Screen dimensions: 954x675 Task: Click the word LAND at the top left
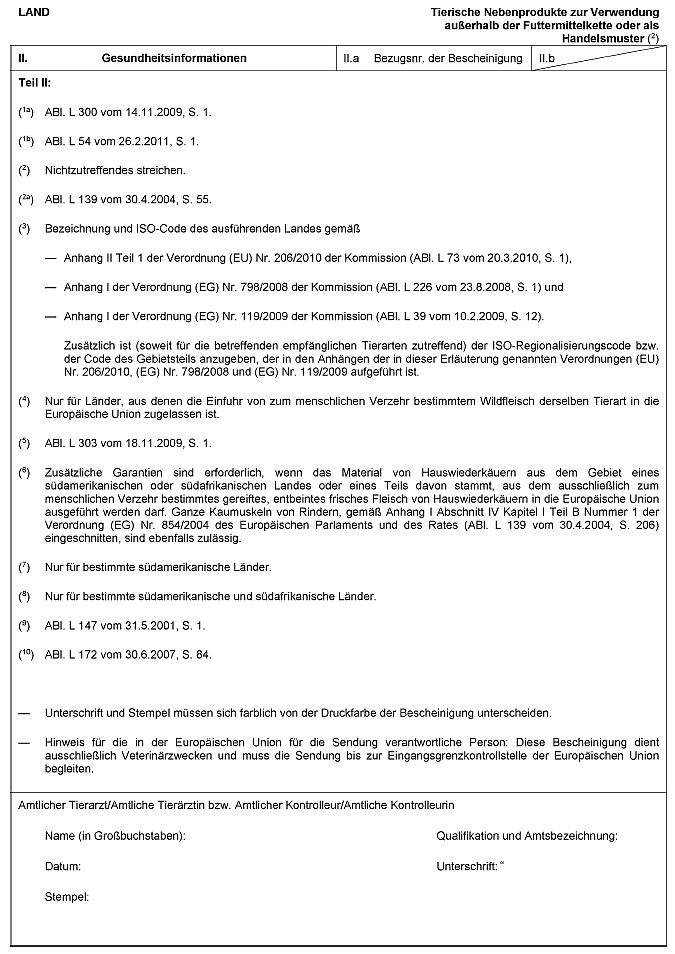pos(33,11)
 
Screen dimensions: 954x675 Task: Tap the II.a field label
pos(351,59)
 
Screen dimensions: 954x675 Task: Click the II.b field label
pos(546,59)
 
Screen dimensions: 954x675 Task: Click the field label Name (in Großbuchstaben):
pos(115,835)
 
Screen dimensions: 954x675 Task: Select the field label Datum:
pos(63,866)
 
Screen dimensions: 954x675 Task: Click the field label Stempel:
pos(67,896)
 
